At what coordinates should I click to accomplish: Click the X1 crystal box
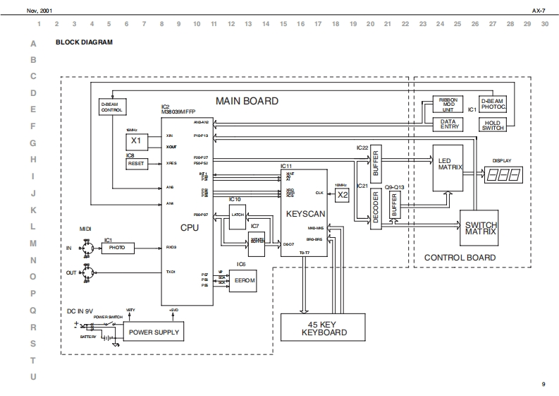pyautogui.click(x=136, y=140)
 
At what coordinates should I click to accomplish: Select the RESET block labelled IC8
pyautogui.click(x=136, y=164)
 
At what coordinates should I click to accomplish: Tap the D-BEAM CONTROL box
pyautogui.click(x=112, y=107)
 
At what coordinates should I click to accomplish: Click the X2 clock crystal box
pyautogui.click(x=343, y=194)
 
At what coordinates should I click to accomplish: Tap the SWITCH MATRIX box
pyautogui.click(x=481, y=227)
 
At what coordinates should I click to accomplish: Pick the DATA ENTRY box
pyautogui.click(x=448, y=124)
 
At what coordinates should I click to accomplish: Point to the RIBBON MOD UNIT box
pyautogui.click(x=448, y=105)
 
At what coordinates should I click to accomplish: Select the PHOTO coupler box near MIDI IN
pyautogui.click(x=117, y=248)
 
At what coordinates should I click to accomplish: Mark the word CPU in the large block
pyautogui.click(x=190, y=227)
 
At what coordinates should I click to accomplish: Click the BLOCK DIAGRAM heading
pyautogui.click(x=84, y=42)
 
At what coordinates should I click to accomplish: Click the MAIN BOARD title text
pyautogui.click(x=247, y=101)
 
